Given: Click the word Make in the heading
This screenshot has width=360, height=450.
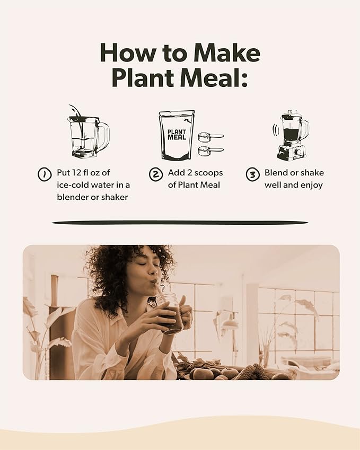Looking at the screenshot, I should click(226, 53).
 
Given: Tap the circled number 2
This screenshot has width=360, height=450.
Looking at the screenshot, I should click(155, 174).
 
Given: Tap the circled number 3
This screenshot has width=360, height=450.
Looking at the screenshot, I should click(252, 174).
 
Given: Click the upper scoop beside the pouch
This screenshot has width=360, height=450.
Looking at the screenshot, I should click(210, 137).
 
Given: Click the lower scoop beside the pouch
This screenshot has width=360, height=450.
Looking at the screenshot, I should click(210, 151).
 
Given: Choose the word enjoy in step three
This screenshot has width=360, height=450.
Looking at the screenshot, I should click(311, 185).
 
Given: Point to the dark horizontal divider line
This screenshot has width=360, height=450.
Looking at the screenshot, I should click(180, 223).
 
